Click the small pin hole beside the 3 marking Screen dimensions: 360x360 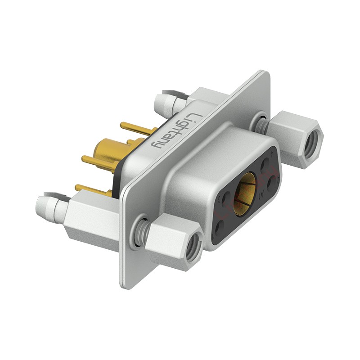226,198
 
